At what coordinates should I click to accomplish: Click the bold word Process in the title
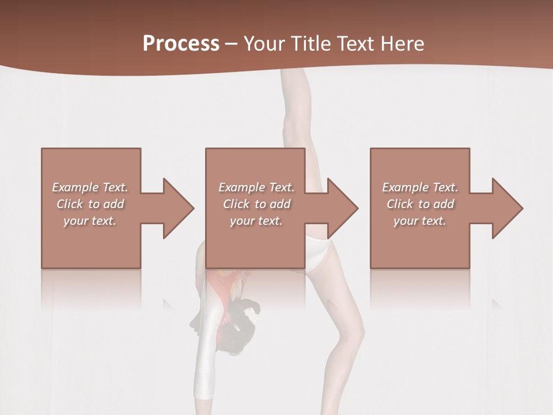(181, 44)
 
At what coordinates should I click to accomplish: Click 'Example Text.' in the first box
(90, 187)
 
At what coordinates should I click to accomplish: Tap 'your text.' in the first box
(90, 221)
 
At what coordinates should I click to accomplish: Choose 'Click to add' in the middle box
(256, 204)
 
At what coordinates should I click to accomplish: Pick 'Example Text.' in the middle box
(256, 187)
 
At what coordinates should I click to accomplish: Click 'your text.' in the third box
(419, 221)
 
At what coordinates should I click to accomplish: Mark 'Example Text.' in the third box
(419, 187)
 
